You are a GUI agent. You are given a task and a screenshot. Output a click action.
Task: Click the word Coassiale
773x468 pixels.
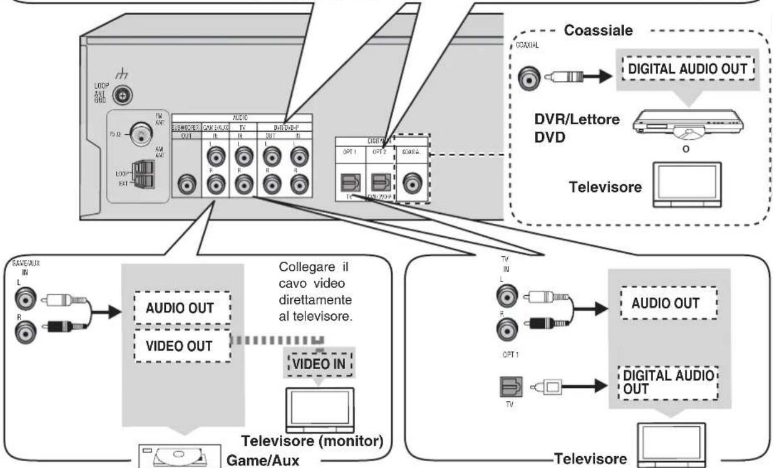(598, 32)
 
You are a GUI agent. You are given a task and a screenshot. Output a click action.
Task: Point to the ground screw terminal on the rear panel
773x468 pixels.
(122, 95)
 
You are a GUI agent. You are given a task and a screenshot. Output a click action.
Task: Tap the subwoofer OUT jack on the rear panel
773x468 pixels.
(185, 184)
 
